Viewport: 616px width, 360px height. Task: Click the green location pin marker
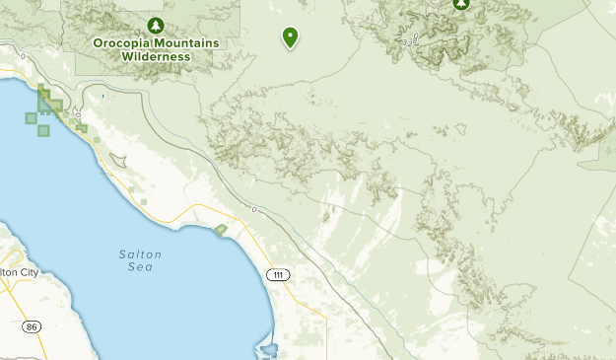[x=291, y=36]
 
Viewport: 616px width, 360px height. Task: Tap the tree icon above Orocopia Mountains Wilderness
[x=155, y=24]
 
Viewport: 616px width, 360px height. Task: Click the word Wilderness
[x=156, y=56]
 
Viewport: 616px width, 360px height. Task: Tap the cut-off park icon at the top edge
[x=460, y=4]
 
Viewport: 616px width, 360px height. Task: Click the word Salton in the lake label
[x=140, y=254]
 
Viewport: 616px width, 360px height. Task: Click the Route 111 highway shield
[x=279, y=273]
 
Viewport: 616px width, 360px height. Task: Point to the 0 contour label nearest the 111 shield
[x=254, y=210]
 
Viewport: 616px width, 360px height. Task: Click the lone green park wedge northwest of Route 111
[x=220, y=230]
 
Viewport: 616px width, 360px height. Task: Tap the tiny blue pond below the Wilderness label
[x=103, y=97]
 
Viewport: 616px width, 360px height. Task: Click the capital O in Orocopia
[x=100, y=42]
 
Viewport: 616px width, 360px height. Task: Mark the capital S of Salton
[x=122, y=254]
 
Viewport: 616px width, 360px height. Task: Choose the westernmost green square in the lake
[x=31, y=118]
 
